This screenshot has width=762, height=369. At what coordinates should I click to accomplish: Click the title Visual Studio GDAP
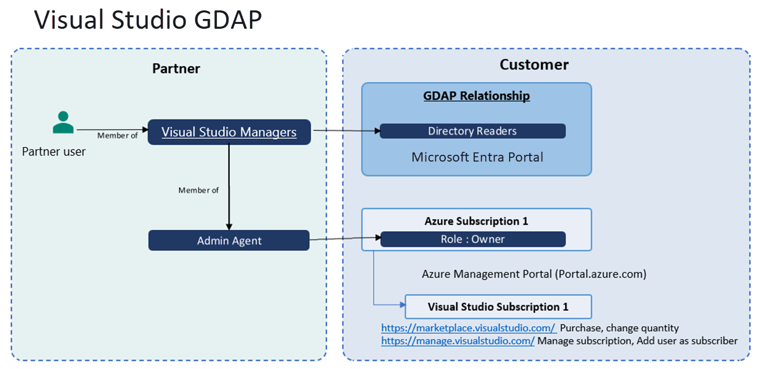coord(148,20)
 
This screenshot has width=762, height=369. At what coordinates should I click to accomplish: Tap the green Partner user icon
coord(63,122)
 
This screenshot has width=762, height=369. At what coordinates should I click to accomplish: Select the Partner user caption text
coord(54,151)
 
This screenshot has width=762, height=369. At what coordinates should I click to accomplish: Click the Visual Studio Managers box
coord(229,132)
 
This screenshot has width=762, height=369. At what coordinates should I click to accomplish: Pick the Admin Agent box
coord(229,240)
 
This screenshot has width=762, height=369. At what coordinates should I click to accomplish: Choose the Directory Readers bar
coord(472,131)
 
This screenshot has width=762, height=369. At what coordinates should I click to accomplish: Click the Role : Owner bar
coord(472,239)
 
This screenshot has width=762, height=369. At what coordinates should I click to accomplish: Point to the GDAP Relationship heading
coord(477,96)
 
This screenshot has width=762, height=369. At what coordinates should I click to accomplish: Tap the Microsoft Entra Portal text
coord(477,157)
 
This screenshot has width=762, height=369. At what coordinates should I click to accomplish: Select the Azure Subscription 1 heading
coord(476,221)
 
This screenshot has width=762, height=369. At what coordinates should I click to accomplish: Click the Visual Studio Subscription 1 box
coord(498,307)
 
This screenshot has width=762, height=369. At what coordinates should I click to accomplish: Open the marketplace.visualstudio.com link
coord(468,328)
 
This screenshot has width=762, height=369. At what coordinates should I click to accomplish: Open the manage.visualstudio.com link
coord(458,341)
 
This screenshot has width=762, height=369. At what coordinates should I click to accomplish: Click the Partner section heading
coord(176,68)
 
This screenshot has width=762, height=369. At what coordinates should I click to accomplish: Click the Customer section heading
coord(534,64)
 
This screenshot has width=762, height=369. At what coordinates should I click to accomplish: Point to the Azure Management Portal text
coord(534,274)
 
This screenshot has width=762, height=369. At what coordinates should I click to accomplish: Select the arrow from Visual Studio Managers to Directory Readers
coord(345,130)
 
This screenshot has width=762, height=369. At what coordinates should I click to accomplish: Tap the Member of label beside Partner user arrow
coord(117,136)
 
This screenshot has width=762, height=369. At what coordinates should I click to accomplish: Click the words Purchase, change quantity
coord(619,328)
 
